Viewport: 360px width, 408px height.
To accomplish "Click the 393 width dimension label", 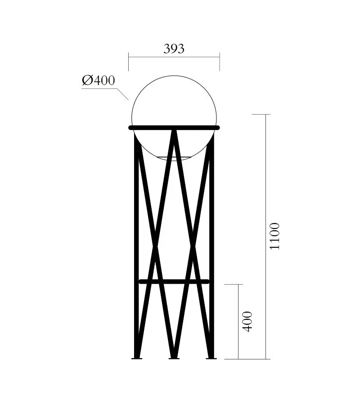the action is click(x=174, y=49).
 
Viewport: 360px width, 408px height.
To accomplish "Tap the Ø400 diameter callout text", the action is click(x=98, y=81).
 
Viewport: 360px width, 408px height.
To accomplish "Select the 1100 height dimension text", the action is click(x=274, y=236).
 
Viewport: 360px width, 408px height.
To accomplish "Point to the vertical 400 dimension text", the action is click(x=247, y=321).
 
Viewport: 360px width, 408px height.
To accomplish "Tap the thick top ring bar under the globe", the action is click(x=174, y=127).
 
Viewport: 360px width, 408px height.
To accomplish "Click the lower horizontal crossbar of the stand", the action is click(x=174, y=281).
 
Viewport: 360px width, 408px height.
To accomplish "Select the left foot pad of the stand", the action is click(x=137, y=359).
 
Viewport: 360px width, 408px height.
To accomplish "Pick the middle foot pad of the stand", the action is click(x=174, y=359).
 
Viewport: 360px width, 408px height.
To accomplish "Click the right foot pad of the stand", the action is click(x=211, y=359).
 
